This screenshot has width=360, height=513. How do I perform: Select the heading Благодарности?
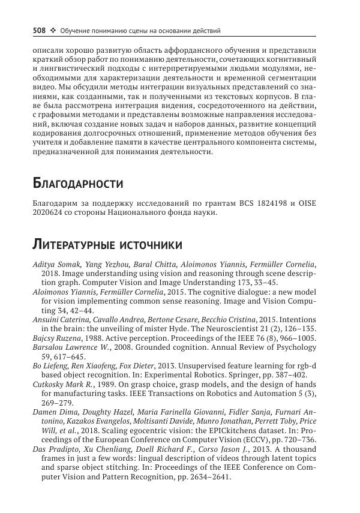[x=77, y=182]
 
